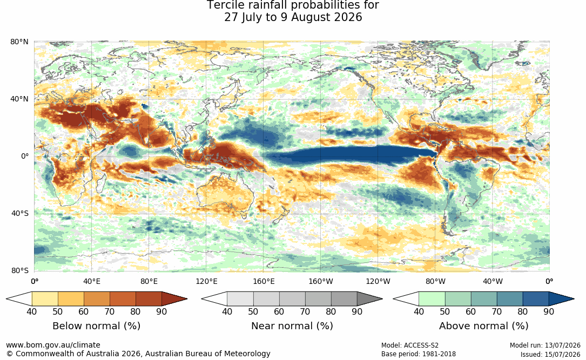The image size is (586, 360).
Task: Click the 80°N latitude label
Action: (x=19, y=42)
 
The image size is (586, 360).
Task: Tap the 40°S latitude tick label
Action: (x=20, y=214)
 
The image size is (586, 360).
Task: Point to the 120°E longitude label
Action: (x=206, y=281)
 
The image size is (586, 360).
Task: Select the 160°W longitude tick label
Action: (x=321, y=281)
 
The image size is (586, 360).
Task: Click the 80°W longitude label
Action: (x=435, y=281)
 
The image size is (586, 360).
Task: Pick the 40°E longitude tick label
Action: (x=92, y=281)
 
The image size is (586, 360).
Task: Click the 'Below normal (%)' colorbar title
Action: (x=97, y=326)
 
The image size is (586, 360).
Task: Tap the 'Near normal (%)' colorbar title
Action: (x=292, y=326)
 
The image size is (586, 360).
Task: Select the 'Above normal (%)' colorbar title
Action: (x=483, y=326)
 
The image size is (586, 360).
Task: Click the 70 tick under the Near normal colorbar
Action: (x=305, y=311)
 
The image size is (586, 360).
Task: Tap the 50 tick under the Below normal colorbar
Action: (x=58, y=311)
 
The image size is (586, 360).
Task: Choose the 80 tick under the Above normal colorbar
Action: (x=522, y=311)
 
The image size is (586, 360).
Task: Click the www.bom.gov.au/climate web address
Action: (x=53, y=345)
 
